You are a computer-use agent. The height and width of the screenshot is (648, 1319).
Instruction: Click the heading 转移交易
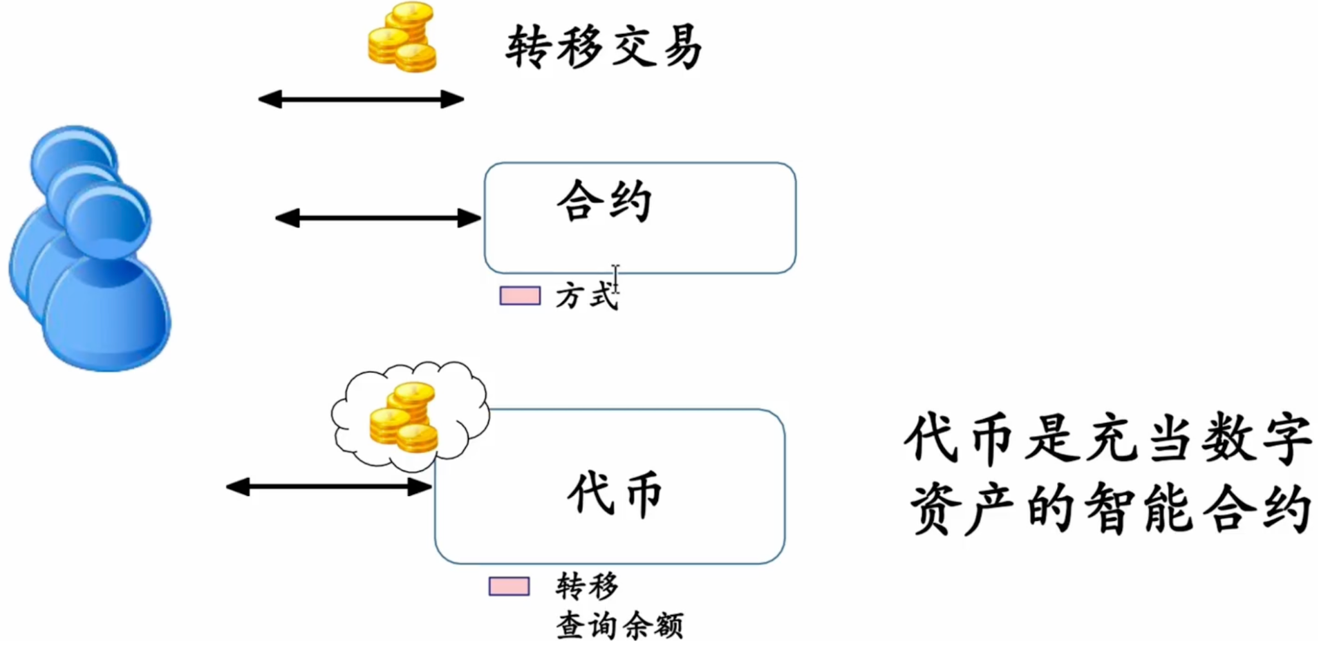[604, 47]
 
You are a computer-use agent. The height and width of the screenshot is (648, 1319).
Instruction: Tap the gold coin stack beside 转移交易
[402, 38]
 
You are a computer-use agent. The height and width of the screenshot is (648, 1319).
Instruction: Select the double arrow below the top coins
[361, 99]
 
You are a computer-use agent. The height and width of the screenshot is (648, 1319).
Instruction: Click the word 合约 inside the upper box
[604, 201]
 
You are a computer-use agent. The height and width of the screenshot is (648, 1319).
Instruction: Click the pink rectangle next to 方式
[520, 296]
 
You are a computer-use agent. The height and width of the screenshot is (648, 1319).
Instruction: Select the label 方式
[585, 296]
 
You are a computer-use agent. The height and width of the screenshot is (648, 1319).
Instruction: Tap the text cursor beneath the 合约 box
[615, 278]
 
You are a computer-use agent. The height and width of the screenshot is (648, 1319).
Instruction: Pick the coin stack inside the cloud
[404, 418]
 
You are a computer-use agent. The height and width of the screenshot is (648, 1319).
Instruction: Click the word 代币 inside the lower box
[615, 493]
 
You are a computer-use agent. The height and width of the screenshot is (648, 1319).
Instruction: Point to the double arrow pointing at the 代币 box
[329, 487]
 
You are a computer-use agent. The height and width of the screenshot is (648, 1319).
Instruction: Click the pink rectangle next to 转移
[509, 587]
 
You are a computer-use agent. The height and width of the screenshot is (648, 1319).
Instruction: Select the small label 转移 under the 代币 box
[587, 587]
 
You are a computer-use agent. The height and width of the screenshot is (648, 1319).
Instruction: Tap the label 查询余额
[619, 626]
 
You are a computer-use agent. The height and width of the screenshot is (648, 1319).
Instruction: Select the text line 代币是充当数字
[1108, 439]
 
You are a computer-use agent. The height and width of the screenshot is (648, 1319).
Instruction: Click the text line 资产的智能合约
[1110, 509]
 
